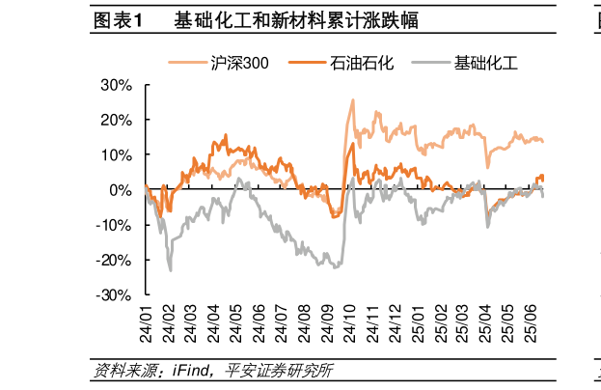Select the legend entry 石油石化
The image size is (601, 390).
point(353,64)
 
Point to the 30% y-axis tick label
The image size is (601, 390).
point(116,85)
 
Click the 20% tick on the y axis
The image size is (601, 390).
point(116,121)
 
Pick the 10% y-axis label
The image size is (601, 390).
point(116,155)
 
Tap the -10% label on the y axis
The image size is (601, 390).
point(114,226)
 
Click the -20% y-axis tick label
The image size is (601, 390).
point(114,261)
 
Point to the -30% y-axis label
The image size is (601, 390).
point(114,295)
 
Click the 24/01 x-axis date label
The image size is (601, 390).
point(147,322)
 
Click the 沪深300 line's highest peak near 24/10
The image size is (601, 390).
point(352,99)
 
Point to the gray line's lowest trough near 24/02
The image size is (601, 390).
point(171,270)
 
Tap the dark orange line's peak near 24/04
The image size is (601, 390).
point(226,135)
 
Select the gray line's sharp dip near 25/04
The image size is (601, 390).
point(488,227)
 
